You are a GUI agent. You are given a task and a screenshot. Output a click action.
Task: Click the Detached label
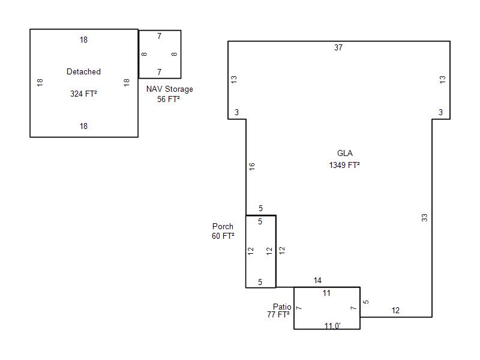(83, 72)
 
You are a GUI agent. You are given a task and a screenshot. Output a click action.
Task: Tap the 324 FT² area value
(83, 94)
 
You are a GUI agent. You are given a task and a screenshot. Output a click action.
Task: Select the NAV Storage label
(170, 89)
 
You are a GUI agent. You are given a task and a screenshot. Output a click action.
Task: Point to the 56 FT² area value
(169, 99)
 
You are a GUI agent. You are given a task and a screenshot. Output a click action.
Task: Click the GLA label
(345, 154)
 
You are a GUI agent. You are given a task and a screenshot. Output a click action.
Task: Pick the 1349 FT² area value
(344, 165)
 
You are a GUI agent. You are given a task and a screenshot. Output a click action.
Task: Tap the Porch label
(223, 227)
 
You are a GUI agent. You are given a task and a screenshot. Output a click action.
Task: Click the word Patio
(282, 307)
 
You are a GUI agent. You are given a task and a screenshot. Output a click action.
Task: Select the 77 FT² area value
(278, 314)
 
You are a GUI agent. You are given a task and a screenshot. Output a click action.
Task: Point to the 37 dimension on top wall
(338, 48)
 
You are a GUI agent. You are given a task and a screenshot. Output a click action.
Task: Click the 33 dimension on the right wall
(425, 218)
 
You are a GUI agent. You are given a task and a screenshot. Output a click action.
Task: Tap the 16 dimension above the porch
(252, 167)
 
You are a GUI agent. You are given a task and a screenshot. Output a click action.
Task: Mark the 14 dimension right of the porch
(317, 280)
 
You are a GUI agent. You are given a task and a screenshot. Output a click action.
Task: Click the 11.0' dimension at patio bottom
(332, 326)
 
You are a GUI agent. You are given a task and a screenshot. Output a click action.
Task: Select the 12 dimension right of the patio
(395, 311)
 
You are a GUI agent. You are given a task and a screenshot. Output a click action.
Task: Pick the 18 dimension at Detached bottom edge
(83, 126)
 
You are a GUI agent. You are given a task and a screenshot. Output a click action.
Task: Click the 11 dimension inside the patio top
(326, 293)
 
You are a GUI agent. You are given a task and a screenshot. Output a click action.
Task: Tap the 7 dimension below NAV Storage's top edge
(159, 37)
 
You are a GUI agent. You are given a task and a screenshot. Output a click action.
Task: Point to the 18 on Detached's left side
(40, 82)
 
